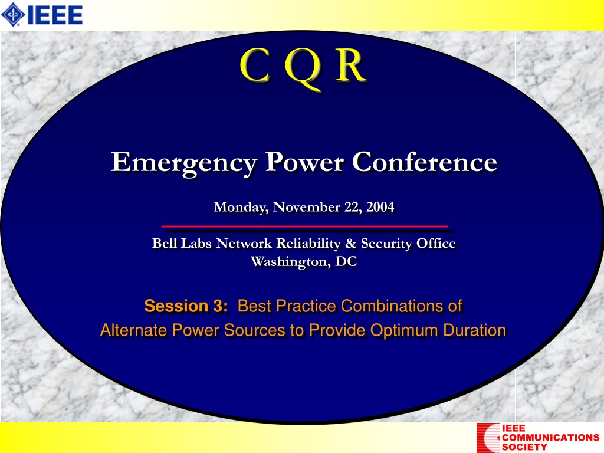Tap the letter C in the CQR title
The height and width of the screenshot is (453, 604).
(254, 65)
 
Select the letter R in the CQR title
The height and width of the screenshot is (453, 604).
(350, 65)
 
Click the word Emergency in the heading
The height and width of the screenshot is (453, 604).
(184, 163)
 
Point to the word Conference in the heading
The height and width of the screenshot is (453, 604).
(425, 162)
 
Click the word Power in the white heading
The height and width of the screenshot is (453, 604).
(304, 162)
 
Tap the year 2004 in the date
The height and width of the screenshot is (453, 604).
(380, 207)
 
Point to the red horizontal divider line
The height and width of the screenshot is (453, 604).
(305, 226)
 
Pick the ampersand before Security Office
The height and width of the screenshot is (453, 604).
(350, 244)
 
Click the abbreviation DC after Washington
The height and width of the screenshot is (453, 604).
(346, 261)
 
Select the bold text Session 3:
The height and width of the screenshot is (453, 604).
(186, 306)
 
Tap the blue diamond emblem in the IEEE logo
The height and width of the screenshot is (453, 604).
(13, 15)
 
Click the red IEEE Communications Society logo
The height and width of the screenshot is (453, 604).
(538, 438)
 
